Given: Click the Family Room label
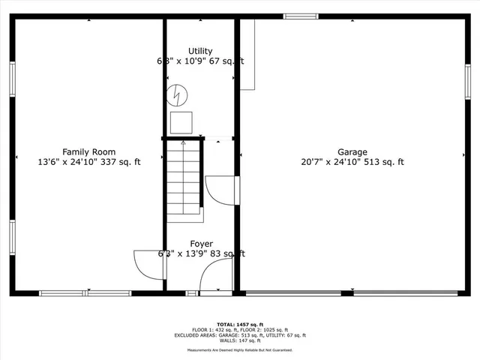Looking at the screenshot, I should (88, 151).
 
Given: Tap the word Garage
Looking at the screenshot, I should (352, 151).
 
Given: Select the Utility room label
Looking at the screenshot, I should (200, 52).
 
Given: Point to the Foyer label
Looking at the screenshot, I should (201, 244).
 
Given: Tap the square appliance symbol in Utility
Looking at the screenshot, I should (181, 122).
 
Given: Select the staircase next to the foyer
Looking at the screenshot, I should (184, 180).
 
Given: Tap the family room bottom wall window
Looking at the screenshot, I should (85, 293).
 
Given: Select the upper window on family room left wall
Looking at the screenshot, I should (12, 78).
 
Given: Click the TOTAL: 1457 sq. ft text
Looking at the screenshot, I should (239, 324).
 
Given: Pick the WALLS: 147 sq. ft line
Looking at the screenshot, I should (239, 341).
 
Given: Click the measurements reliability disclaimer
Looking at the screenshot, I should (239, 349).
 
